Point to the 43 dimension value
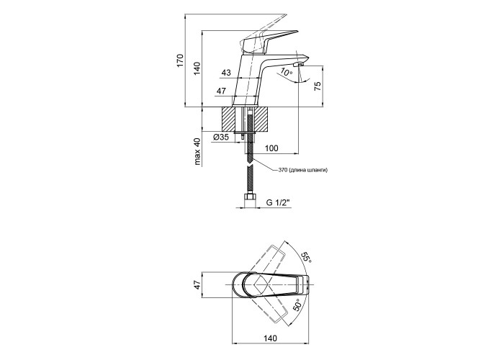tap(227, 72)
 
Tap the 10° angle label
tap(286, 73)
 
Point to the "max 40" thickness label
tap(196, 152)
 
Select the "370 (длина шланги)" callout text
tap(302, 170)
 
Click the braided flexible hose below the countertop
tap(250, 169)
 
